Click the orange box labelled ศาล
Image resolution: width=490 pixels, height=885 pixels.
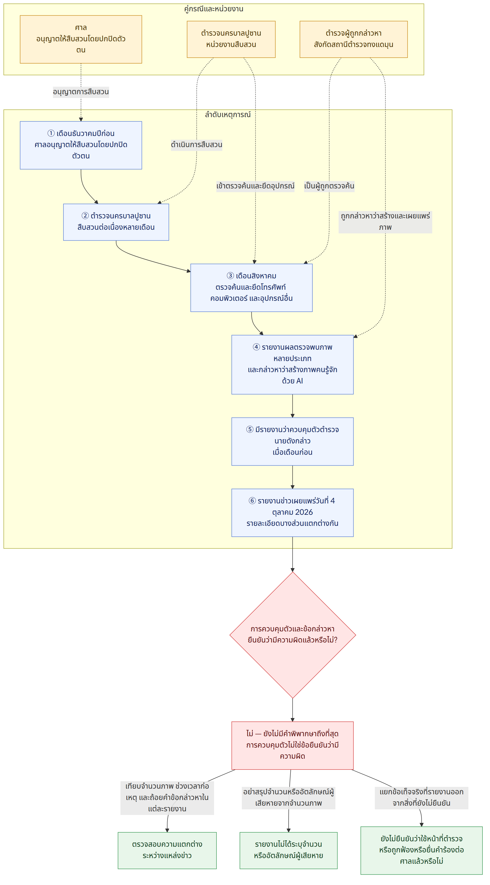[81, 39]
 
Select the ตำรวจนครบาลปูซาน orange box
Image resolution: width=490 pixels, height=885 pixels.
[231, 39]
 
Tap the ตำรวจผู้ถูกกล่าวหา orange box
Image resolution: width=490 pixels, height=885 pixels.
[353, 39]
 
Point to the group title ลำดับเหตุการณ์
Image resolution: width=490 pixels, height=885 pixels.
[228, 115]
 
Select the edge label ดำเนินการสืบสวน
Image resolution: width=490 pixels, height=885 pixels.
[197, 145]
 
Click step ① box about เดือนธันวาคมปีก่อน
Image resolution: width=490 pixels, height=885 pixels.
[81, 145]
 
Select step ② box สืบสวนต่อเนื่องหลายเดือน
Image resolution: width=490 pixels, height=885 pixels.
[116, 222]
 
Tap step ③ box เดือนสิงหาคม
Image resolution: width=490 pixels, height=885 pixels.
[252, 288]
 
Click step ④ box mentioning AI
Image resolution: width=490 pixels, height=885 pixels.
[292, 365]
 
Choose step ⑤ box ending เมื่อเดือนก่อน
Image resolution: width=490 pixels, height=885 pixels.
[292, 442]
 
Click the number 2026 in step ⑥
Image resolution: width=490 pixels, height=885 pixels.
[304, 512]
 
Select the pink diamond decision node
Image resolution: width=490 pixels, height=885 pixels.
[293, 635]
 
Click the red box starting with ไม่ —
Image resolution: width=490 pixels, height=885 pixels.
[292, 745]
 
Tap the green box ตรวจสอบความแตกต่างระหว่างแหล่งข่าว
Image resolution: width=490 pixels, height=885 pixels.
[167, 850]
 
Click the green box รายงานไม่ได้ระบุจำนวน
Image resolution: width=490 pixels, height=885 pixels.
[289, 850]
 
